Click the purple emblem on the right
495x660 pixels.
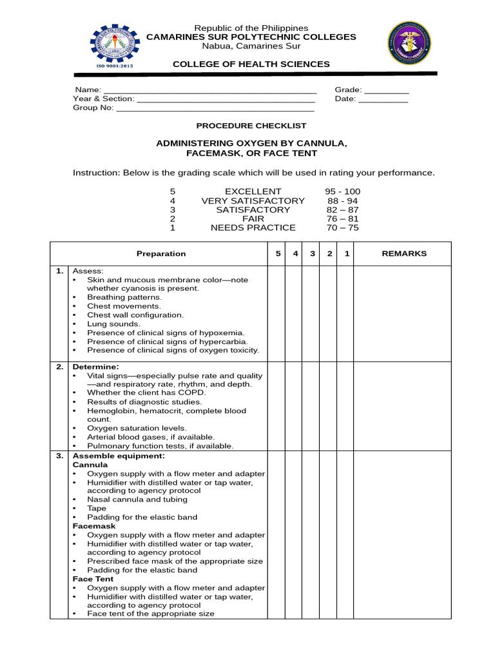tap(409, 43)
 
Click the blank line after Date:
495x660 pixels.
tap(383, 100)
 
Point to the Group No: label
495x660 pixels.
tap(93, 108)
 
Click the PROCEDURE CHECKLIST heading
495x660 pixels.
tap(251, 126)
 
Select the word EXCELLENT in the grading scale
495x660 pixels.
tap(253, 191)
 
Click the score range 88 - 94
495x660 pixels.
tap(343, 200)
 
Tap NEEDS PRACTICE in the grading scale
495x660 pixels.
tap(253, 228)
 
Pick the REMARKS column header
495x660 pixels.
tap(404, 253)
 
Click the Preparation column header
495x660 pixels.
tap(161, 253)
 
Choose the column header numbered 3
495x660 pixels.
tap(312, 253)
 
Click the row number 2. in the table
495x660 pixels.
tap(59, 367)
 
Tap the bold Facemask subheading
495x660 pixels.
tap(94, 526)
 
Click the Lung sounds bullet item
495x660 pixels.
tap(109, 324)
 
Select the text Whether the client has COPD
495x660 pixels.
tap(146, 393)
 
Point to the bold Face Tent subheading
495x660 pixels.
tap(93, 579)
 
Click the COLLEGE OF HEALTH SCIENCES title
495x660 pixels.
tap(251, 64)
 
